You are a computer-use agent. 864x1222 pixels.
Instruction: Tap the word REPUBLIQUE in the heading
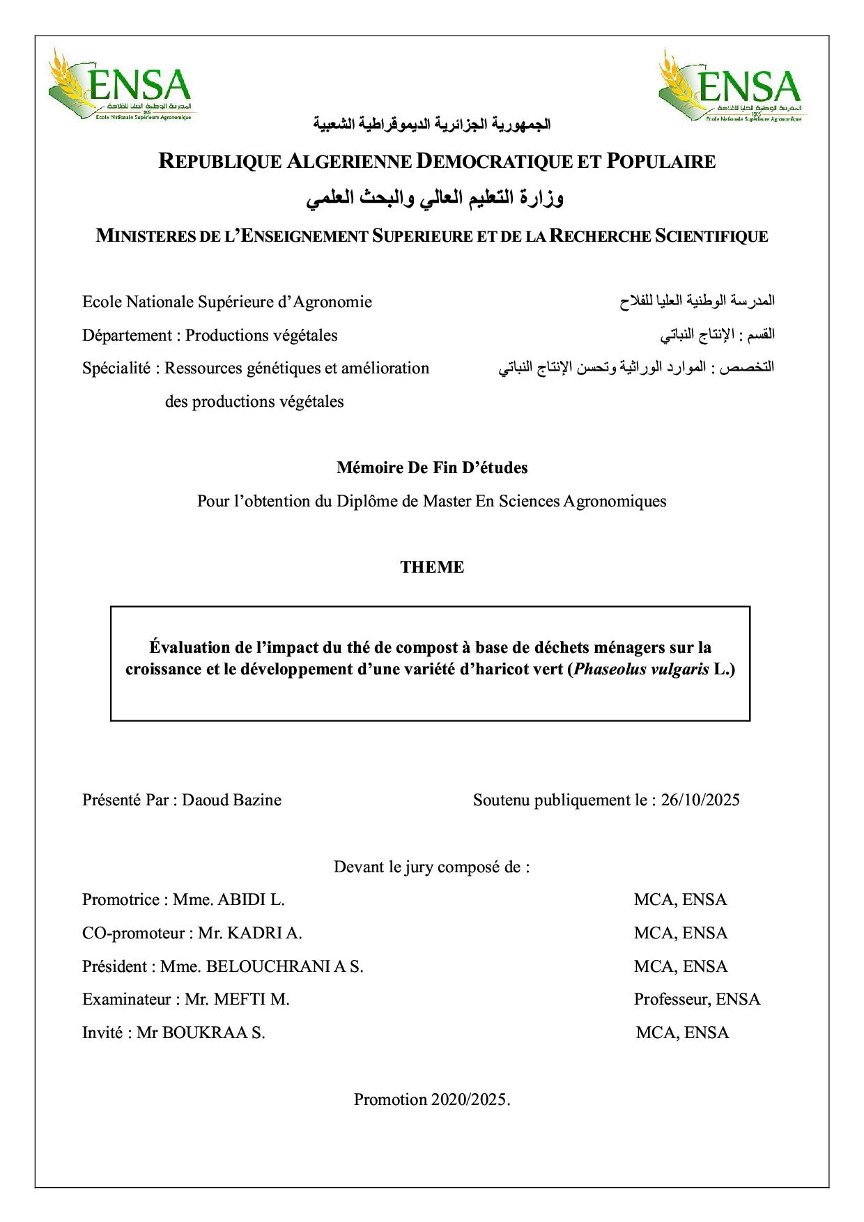pyautogui.click(x=218, y=162)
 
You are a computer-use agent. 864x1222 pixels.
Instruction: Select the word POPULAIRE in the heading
pyautogui.click(x=661, y=162)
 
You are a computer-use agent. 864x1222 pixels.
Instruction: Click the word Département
pyautogui.click(x=127, y=335)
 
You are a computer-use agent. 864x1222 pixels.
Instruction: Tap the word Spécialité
pyautogui.click(x=116, y=368)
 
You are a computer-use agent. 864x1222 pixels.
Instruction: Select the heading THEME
pyautogui.click(x=432, y=567)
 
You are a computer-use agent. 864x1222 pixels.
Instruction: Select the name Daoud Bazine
pyautogui.click(x=231, y=800)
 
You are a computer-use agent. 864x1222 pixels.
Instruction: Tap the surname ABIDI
pyautogui.click(x=242, y=899)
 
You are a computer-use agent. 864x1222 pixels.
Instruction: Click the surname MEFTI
pyautogui.click(x=240, y=999)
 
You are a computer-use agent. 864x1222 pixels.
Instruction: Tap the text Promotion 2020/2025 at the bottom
pyautogui.click(x=431, y=1099)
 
